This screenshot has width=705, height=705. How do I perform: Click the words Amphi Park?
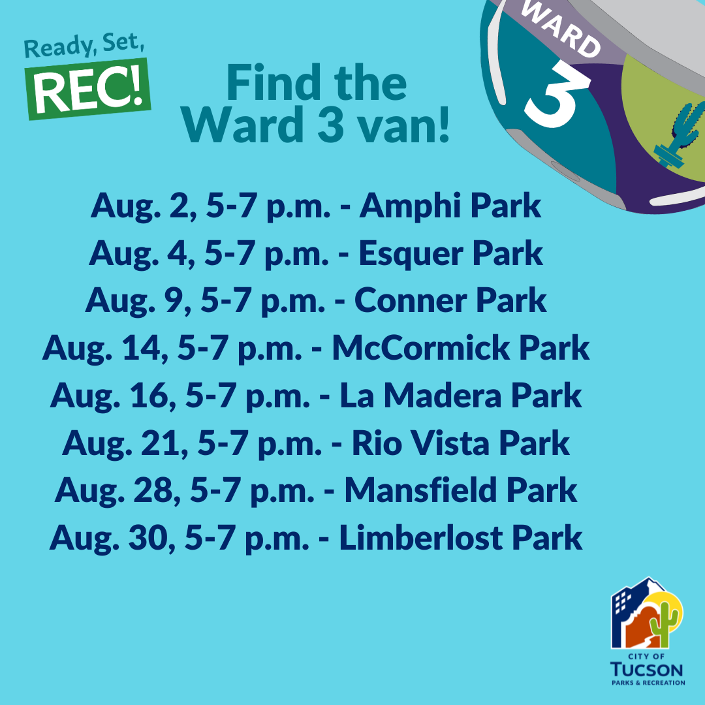coord(450,206)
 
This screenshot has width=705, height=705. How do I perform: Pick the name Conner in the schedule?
coord(411,300)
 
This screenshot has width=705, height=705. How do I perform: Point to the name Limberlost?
coord(421,538)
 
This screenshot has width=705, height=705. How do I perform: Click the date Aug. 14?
coord(99,348)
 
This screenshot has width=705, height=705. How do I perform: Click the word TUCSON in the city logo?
coord(647,670)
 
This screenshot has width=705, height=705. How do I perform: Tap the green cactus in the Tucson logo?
coord(666,621)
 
